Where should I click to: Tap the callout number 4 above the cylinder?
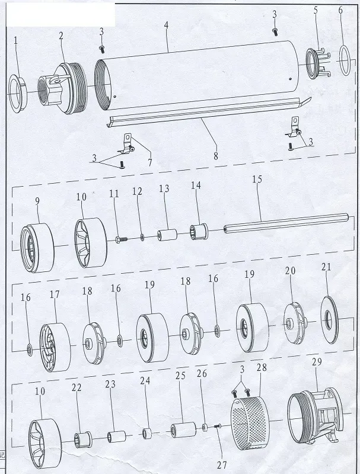coord(167,27)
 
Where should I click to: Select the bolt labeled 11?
coord(121,239)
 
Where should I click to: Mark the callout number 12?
coord(138,192)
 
